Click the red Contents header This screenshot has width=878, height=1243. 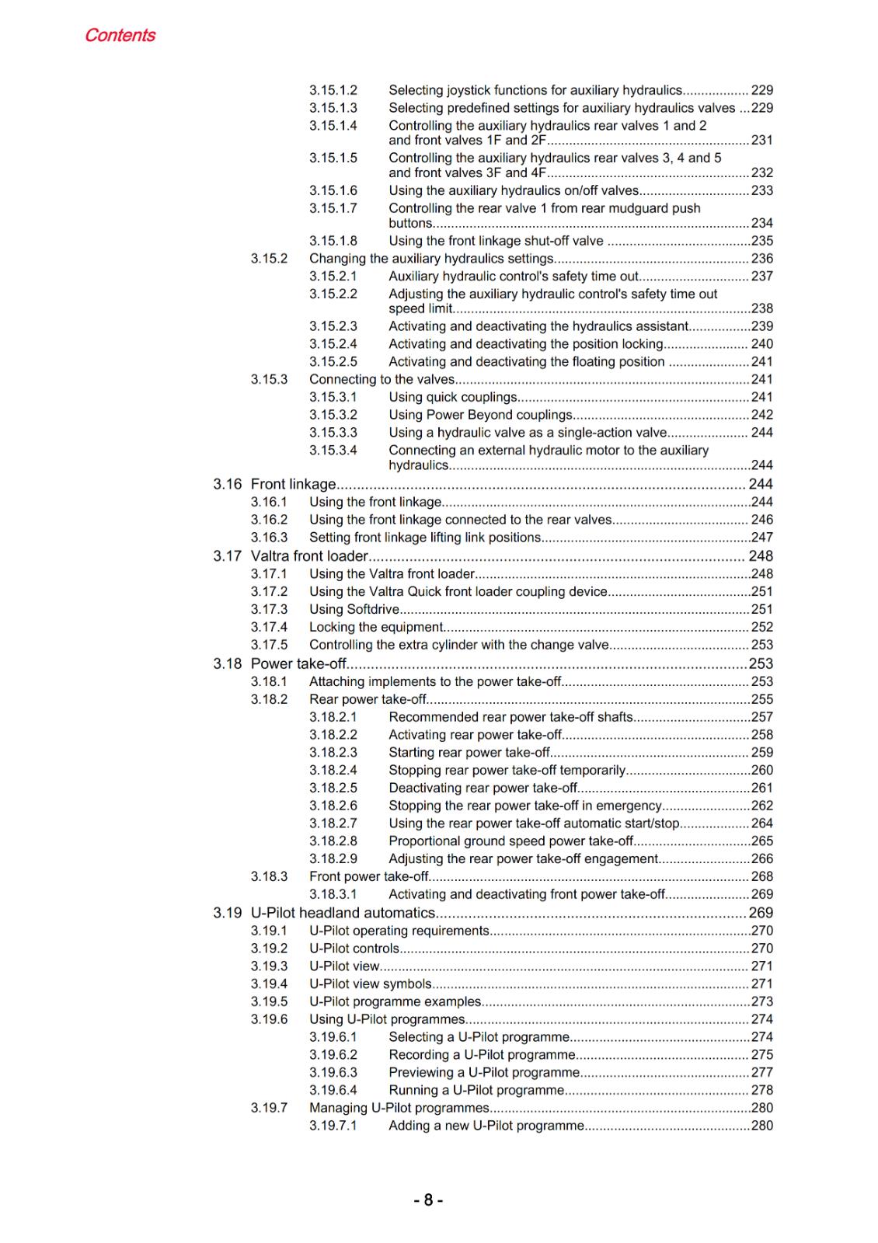(x=120, y=35)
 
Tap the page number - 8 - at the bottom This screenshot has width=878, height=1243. (x=428, y=1200)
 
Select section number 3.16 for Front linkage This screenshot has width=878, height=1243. (x=228, y=484)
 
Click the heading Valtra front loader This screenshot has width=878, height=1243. (x=309, y=556)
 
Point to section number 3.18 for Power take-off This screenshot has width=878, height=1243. (x=228, y=663)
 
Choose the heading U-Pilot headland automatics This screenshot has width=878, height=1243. (x=343, y=913)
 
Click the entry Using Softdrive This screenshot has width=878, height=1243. (x=354, y=610)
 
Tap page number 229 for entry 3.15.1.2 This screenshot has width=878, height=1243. (x=761, y=90)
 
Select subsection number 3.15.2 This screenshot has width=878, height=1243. (x=269, y=259)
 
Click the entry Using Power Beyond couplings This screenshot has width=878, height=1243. (x=480, y=415)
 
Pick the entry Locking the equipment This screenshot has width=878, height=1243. (x=376, y=627)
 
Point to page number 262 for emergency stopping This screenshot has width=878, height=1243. (x=761, y=806)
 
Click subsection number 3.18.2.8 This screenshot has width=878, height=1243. (x=333, y=841)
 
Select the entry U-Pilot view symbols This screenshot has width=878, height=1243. (x=370, y=984)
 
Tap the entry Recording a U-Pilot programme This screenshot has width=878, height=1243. (x=482, y=1055)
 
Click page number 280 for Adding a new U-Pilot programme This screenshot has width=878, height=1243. (x=761, y=1126)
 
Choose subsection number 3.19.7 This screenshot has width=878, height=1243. (x=269, y=1108)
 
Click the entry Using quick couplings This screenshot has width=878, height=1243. (x=452, y=397)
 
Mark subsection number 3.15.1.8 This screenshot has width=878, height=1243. (x=333, y=241)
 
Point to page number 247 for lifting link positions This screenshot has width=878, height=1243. (x=761, y=538)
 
